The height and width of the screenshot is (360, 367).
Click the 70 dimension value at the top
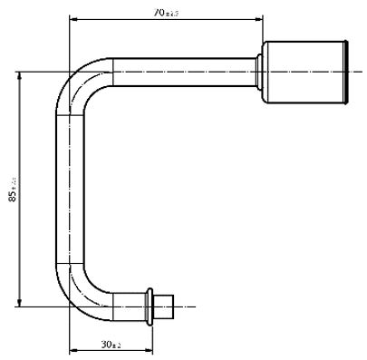166,13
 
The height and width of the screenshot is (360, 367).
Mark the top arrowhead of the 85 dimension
18,74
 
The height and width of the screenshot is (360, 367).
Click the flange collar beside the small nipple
148,306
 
